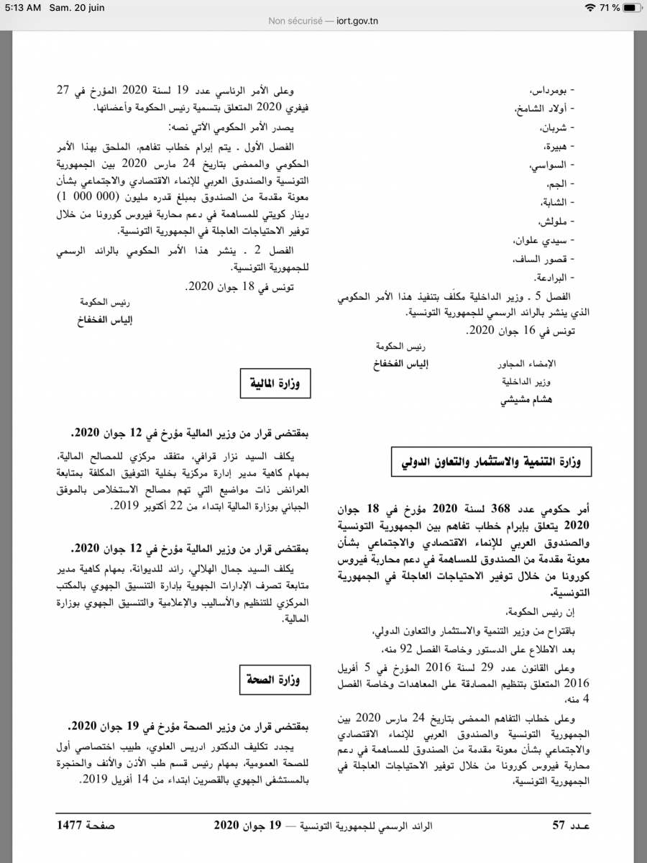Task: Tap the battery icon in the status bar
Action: pyautogui.click(x=633, y=7)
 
